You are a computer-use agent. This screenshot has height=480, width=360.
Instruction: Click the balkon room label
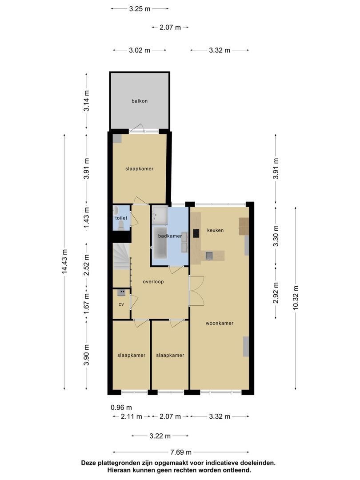[140, 101]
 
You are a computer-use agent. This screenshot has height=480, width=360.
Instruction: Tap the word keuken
[215, 230]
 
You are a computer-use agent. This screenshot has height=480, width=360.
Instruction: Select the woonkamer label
[220, 323]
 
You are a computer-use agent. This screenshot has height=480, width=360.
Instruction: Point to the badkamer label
[170, 236]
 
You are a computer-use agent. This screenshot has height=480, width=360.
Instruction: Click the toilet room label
[121, 218]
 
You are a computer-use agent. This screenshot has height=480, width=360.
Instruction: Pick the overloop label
[153, 282]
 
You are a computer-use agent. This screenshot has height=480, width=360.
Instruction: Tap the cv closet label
[121, 304]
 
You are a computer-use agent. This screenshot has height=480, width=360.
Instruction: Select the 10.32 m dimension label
[296, 298]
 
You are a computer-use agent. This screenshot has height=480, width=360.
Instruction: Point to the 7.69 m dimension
[181, 452]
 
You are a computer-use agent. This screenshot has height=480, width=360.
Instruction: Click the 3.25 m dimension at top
[140, 8]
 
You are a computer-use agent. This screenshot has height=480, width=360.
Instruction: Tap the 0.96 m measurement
[121, 408]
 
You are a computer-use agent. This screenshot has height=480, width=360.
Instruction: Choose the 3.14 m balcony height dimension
[87, 101]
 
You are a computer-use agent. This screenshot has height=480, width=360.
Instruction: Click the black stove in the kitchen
[196, 233]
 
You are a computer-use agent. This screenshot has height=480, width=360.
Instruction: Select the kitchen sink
[209, 255]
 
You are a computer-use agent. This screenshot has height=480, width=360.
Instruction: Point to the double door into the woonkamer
[196, 291]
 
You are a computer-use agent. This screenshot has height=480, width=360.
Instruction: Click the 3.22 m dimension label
[160, 436]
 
